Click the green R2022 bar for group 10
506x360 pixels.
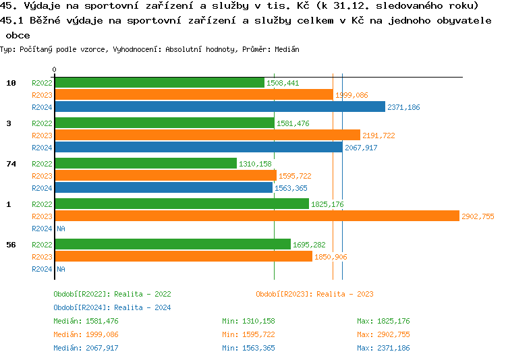coord(159,82)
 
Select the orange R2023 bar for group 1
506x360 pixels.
coord(256,216)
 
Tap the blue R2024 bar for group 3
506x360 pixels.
coord(198,147)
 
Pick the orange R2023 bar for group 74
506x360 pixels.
coord(165,175)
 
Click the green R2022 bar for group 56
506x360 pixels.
coord(172,244)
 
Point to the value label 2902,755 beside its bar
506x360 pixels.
coord(478,216)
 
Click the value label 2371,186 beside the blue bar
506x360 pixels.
coord(403,107)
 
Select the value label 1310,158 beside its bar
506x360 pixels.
coord(255,164)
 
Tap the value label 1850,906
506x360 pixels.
coord(331,257)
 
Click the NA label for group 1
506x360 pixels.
coord(61,229)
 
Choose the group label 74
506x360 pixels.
coord(11,164)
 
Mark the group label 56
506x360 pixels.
coord(11,245)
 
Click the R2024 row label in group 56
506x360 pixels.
coord(42,269)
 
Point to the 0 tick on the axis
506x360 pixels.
coord(54,69)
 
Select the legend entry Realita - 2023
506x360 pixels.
coord(314,294)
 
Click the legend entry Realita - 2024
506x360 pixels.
coord(112,307)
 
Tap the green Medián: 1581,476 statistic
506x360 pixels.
coord(86,321)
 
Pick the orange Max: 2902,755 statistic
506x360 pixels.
coord(383,334)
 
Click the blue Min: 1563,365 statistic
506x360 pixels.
coord(248,348)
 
